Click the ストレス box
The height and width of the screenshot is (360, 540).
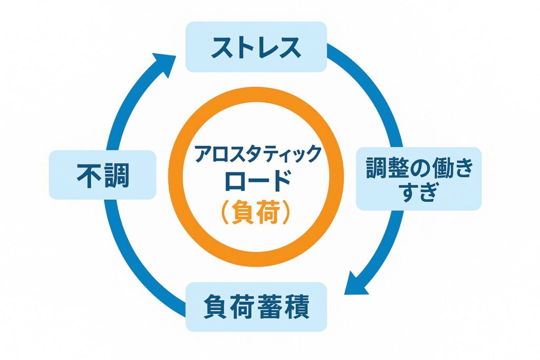tap(256, 47)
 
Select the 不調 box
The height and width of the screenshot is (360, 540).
tap(103, 174)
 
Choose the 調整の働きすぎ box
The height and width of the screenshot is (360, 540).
tap(419, 179)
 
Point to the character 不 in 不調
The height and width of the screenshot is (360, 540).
tap(88, 174)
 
